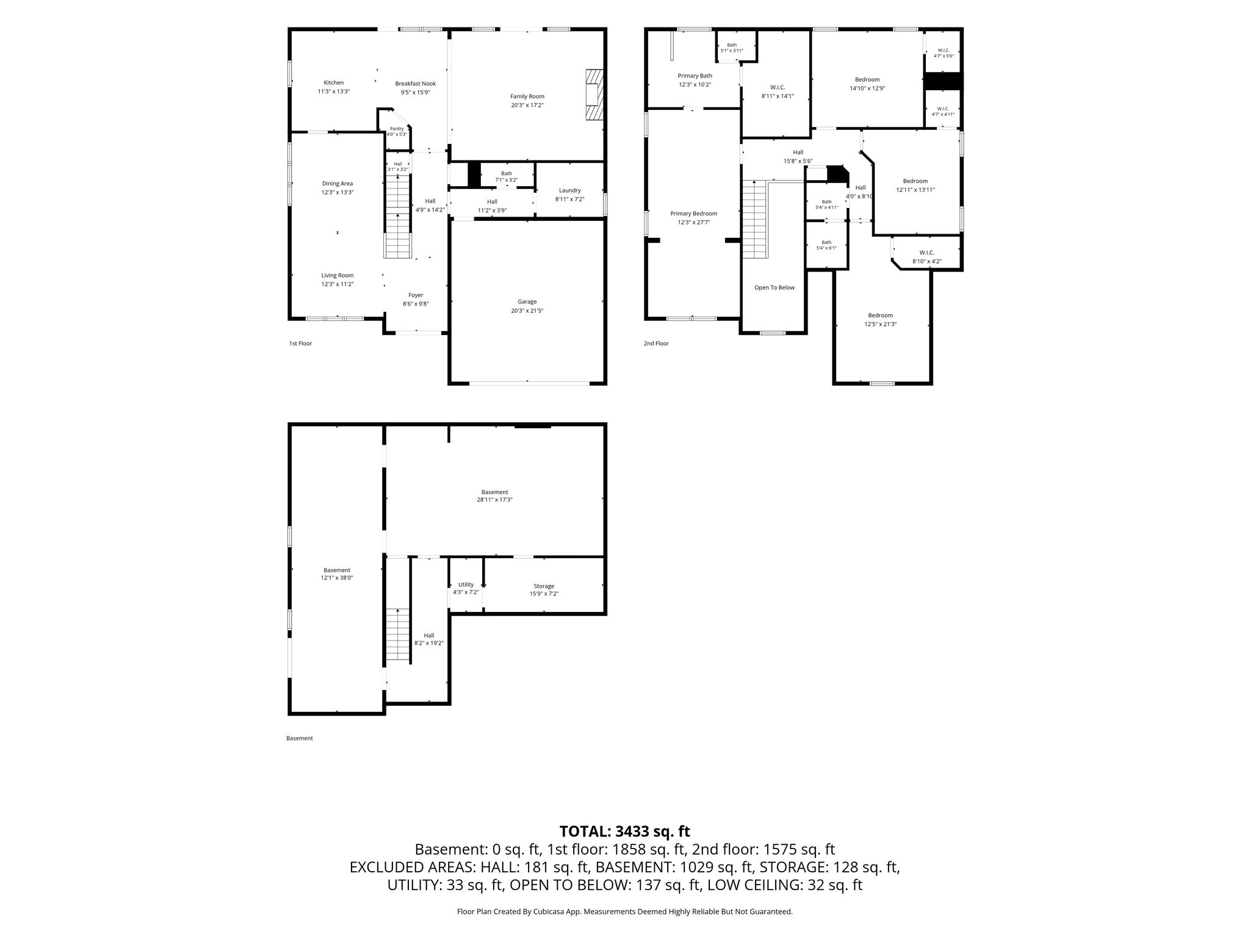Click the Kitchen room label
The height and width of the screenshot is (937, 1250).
point(334,83)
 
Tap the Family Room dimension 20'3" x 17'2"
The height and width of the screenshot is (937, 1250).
point(527,105)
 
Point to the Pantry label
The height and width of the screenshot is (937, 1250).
point(397,129)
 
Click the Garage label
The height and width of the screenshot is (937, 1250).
point(527,301)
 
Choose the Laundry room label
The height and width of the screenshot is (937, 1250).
point(569,190)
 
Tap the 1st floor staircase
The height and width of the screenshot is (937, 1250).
point(397,216)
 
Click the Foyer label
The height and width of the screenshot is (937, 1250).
point(416,295)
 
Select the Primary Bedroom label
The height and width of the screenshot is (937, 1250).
point(693,214)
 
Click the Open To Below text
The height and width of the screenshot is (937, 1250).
point(775,287)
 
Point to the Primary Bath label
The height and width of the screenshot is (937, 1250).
point(695,76)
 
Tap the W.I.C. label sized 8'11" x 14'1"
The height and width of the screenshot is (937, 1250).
point(778,87)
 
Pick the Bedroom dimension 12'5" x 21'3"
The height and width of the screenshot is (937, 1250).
point(880,324)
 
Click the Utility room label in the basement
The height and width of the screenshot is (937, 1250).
point(466,584)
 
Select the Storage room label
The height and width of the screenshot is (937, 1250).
point(544,586)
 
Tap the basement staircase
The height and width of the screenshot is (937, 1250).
point(398,634)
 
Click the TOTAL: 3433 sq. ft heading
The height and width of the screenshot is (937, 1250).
point(625,831)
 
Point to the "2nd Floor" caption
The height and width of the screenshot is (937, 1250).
point(656,343)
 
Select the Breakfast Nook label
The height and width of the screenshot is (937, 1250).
point(415,84)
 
